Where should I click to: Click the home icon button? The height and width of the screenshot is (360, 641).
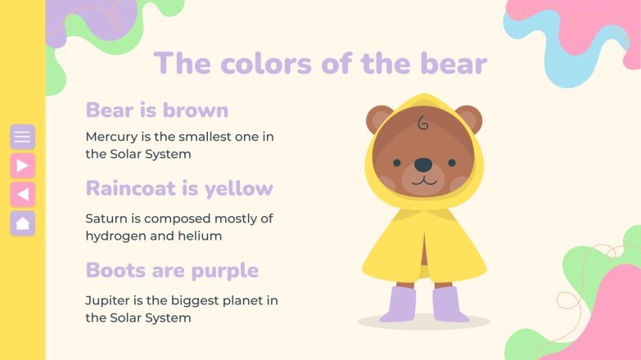tap(22, 223)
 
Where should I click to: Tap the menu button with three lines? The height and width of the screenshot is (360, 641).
tap(22, 137)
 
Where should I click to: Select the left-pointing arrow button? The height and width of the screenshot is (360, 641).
tap(22, 194)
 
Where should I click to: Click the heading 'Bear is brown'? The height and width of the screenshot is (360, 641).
tap(156, 110)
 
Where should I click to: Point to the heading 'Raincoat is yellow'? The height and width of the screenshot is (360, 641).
tap(178, 188)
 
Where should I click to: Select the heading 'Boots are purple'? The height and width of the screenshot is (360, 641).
tap(171, 270)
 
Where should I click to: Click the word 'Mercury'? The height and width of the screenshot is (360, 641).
tap(112, 137)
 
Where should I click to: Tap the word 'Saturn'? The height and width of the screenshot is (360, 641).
tap(107, 218)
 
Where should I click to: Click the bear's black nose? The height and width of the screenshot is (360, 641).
tap(422, 165)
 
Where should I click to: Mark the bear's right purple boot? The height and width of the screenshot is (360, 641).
tap(449, 304)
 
